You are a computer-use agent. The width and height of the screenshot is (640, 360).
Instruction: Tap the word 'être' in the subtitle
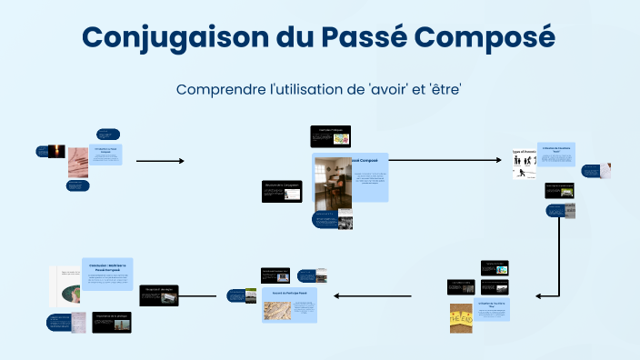(x=442, y=90)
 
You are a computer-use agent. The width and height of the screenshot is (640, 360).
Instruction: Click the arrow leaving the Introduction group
(x=160, y=161)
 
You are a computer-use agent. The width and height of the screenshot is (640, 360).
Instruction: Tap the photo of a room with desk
(x=332, y=185)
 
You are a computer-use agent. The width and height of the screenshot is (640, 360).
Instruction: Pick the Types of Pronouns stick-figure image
(x=525, y=165)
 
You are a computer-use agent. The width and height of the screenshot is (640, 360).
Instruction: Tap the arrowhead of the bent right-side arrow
(x=539, y=296)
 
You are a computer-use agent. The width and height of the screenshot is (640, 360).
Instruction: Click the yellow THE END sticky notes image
(x=461, y=318)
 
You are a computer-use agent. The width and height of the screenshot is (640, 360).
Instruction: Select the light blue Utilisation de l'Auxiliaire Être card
(x=492, y=309)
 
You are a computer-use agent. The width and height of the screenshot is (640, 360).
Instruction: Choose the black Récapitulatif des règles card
(x=159, y=295)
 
